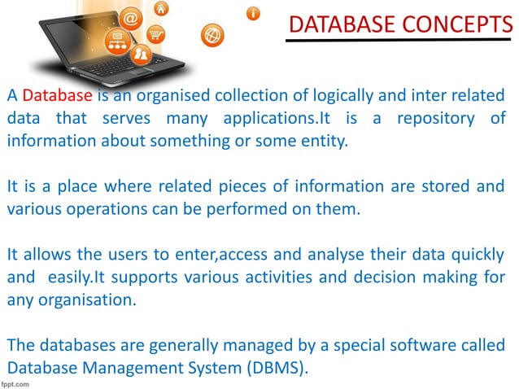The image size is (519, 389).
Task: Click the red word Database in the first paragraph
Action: point(58,96)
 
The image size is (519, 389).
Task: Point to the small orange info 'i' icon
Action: point(254,13)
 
